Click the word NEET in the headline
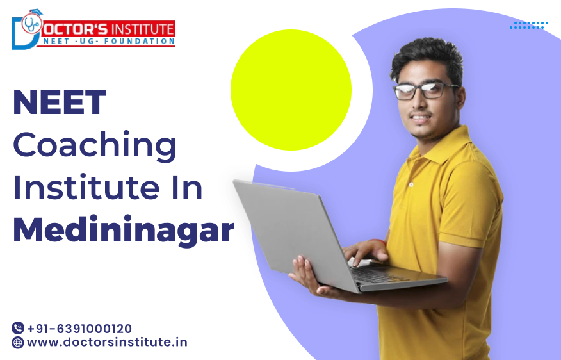coord(60,102)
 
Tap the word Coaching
coord(95,146)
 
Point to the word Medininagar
coord(124,230)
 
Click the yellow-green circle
coord(291,90)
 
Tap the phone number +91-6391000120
coord(79,329)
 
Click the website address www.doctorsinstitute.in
coord(107,342)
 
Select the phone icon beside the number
coord(18,328)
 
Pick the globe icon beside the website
coord(18,343)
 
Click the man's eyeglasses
coord(425,90)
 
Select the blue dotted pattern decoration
coord(528,25)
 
